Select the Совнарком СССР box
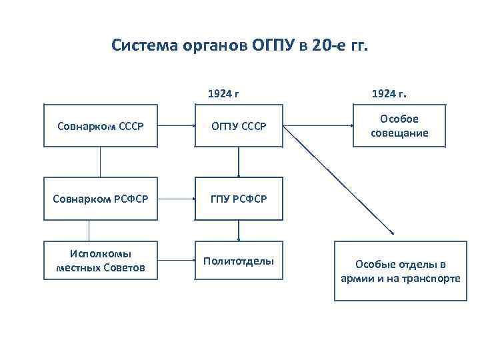(100, 125)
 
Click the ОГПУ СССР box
(239, 125)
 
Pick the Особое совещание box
(399, 125)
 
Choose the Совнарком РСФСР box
(100, 199)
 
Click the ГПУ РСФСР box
(239, 199)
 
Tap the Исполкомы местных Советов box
(100, 261)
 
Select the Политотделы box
(239, 261)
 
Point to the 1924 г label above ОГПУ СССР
(223, 94)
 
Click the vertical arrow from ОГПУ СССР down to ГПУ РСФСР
(239, 161)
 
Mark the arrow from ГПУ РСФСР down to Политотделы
(239, 230)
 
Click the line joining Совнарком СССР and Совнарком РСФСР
(100, 162)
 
